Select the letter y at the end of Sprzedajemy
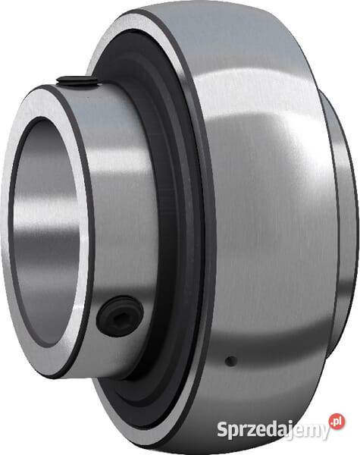coord(324,432)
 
